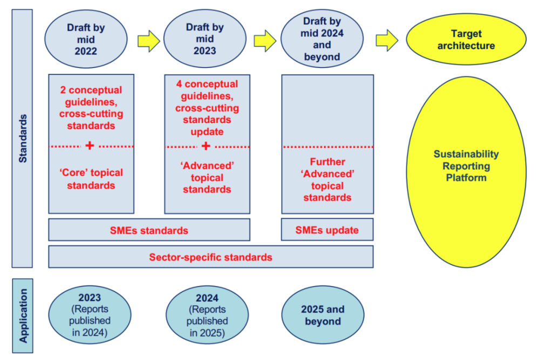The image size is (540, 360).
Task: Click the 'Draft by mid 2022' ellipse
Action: click(x=86, y=39)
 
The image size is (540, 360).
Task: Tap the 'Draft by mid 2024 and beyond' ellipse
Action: click(x=322, y=38)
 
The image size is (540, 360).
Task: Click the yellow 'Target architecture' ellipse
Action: click(x=466, y=39)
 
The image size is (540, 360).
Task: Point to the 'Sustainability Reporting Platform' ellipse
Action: click(x=466, y=166)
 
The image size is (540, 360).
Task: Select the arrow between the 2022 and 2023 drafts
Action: click(x=148, y=39)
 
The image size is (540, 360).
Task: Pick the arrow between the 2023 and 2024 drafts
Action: click(x=265, y=39)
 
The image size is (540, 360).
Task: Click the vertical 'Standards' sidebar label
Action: click(x=22, y=139)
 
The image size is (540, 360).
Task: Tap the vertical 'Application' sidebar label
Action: click(x=22, y=316)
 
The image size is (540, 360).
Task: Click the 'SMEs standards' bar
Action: click(x=149, y=230)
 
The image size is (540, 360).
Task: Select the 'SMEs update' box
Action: click(x=327, y=230)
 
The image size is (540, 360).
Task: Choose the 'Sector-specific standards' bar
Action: click(x=211, y=257)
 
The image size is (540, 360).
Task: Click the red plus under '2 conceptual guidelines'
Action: click(x=90, y=146)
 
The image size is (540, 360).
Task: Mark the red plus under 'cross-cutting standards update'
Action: click(x=206, y=146)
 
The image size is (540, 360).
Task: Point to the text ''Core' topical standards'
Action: click(x=91, y=179)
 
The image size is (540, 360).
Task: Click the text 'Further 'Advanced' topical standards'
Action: click(x=327, y=180)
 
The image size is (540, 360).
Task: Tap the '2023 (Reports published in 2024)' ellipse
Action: click(x=90, y=315)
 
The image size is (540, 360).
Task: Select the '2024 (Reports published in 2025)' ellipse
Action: click(x=207, y=315)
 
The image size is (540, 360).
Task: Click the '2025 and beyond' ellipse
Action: click(x=323, y=315)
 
